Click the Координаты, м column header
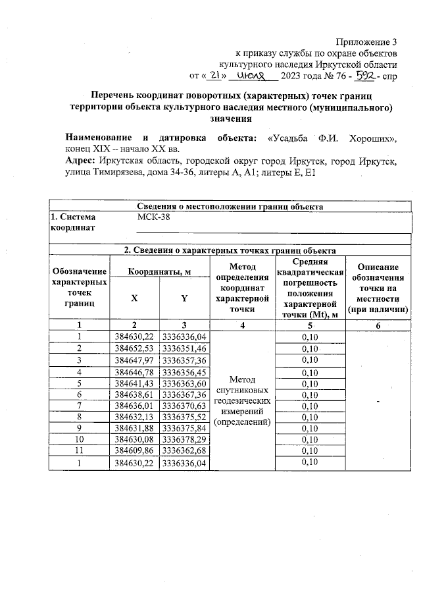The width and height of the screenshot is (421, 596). click(159, 271)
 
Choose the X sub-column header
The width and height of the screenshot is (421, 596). click(134, 298)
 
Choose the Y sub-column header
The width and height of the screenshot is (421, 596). click(184, 298)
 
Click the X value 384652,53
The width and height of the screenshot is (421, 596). click(134, 348)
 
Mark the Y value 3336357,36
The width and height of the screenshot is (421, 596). click(184, 360)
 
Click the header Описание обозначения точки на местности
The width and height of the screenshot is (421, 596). click(375, 288)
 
